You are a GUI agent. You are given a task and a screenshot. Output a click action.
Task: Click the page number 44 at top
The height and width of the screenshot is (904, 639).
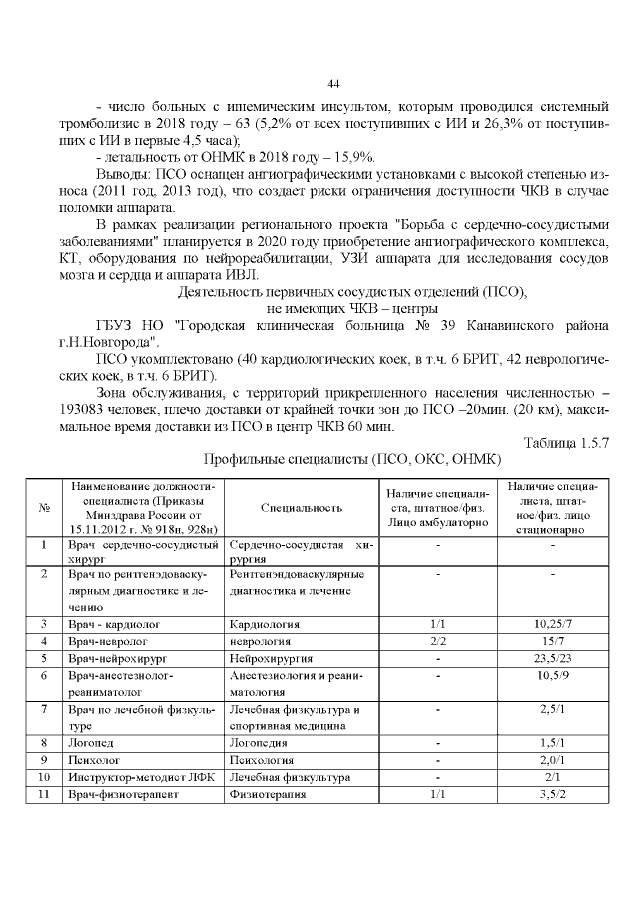334,82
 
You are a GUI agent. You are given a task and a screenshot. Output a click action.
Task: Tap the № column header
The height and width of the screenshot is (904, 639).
44,507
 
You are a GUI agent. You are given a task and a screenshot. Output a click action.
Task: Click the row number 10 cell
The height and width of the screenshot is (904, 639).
44,777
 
